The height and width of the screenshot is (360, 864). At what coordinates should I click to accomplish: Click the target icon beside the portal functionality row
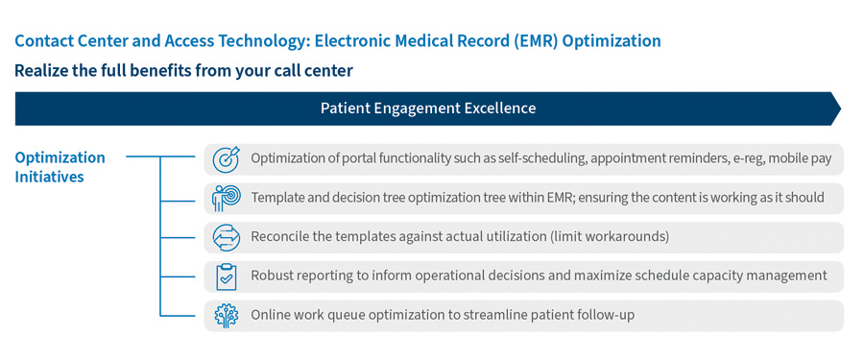click(x=225, y=158)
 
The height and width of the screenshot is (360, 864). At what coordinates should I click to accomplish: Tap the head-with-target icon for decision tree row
click(x=225, y=198)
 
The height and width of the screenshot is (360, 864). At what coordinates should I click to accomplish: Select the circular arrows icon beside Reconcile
click(x=225, y=237)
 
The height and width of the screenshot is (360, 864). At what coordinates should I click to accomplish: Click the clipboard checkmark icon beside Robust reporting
click(x=225, y=276)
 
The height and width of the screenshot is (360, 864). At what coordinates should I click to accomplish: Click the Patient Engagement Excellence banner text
click(x=427, y=108)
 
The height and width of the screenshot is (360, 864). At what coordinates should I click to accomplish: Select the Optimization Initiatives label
click(x=60, y=167)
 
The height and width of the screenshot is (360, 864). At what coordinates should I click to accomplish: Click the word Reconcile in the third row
click(x=283, y=237)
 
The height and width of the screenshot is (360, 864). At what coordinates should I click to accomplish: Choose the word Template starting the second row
click(x=280, y=198)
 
